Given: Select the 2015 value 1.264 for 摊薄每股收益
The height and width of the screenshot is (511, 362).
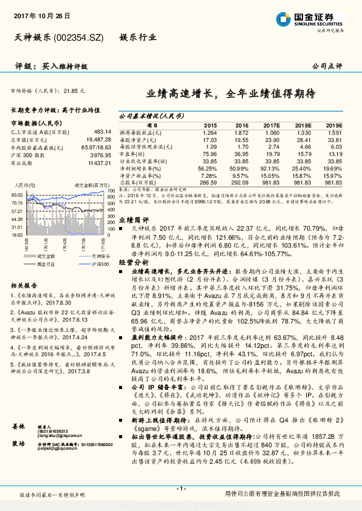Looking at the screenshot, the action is pos(210,132).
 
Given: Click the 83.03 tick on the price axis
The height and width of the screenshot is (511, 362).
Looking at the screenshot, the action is pos(16,195).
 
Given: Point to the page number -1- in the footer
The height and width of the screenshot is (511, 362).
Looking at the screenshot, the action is pos(181,489).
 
